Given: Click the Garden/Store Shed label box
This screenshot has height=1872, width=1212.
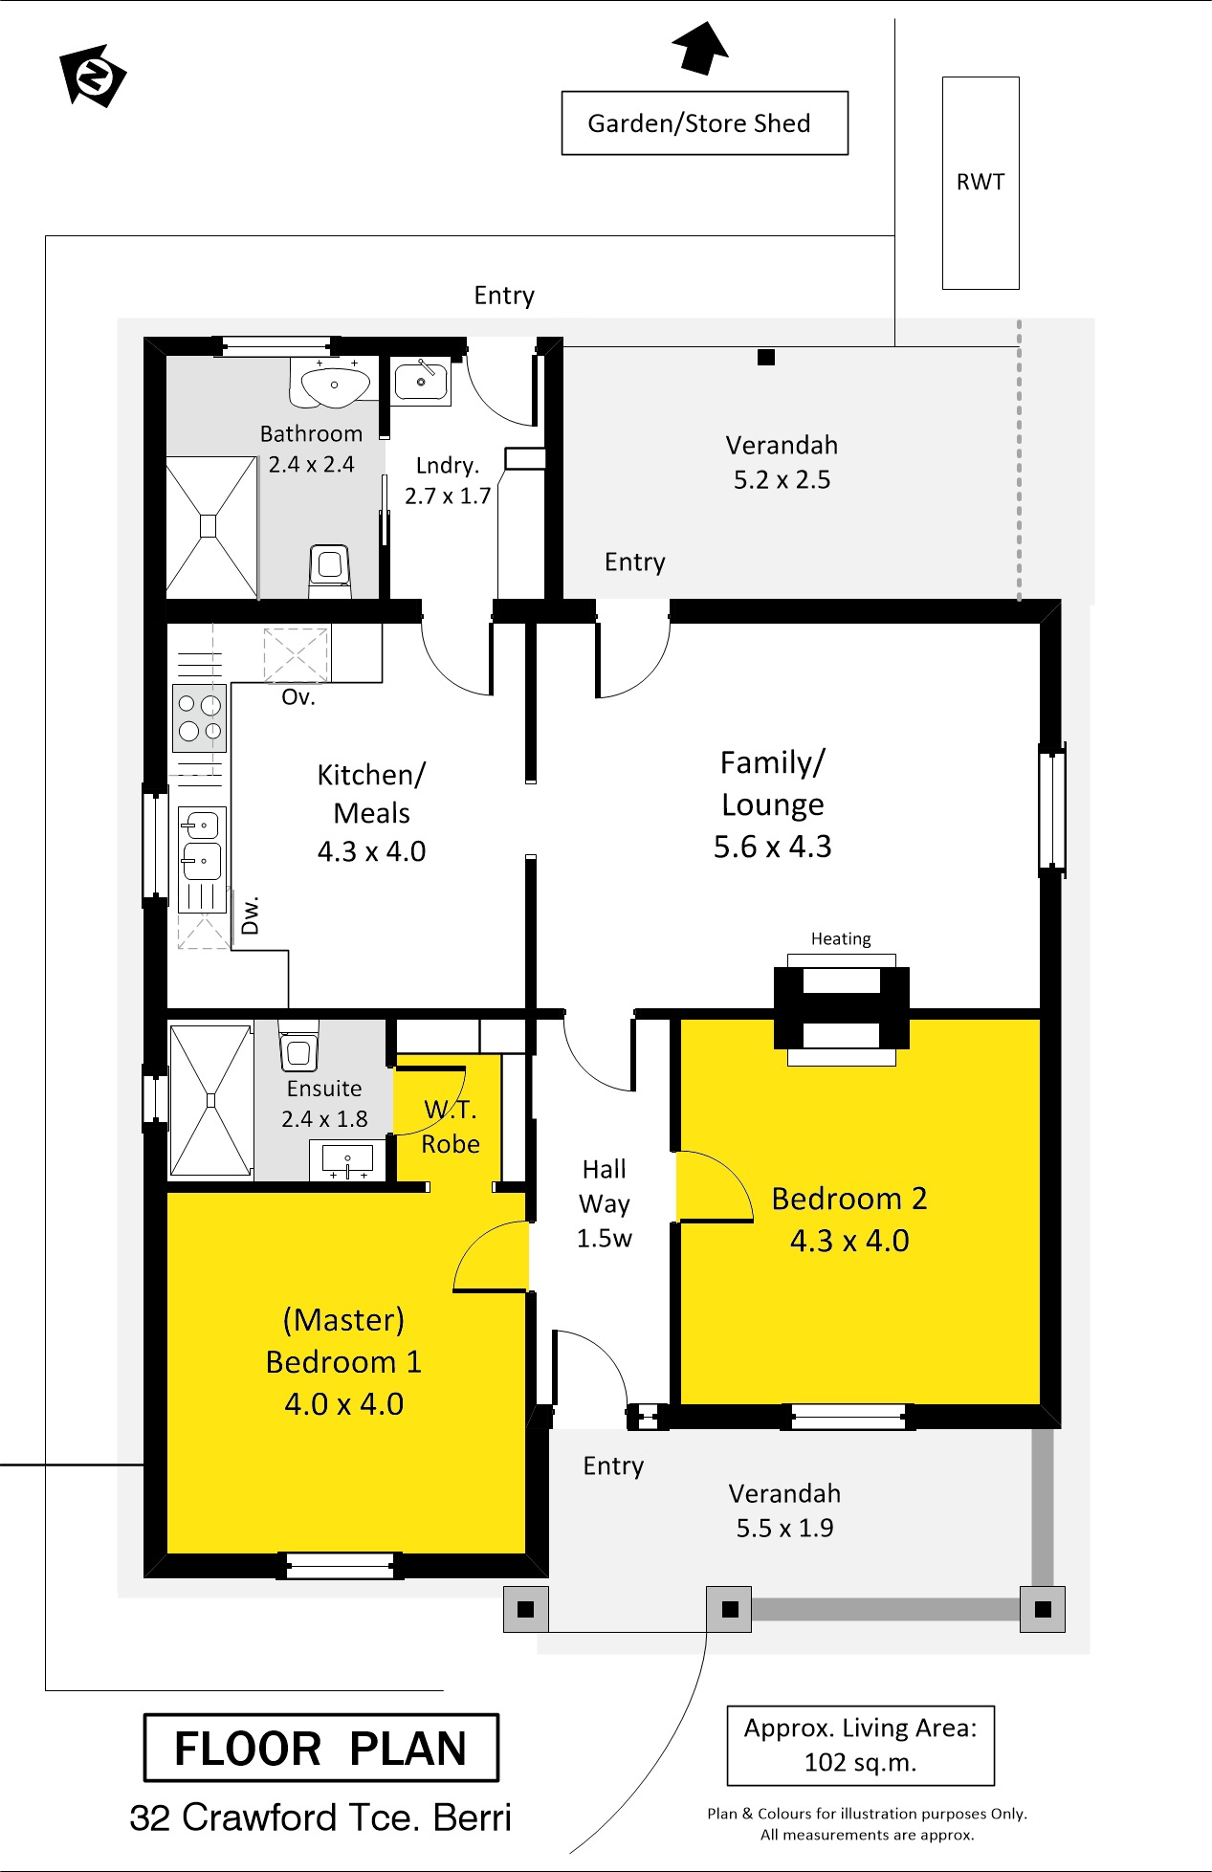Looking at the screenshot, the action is tap(704, 122).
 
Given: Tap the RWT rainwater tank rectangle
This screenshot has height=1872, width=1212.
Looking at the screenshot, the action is tap(981, 183).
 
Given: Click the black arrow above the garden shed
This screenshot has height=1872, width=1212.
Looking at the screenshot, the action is tap(701, 47).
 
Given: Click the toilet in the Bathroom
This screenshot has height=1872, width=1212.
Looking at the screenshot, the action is tap(330, 571).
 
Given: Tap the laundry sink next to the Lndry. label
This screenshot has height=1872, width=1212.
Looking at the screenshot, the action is tap(421, 381).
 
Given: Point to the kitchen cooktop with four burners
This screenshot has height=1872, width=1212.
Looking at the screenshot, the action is tap(200, 717).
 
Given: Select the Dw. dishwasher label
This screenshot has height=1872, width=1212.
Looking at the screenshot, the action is tap(250, 915).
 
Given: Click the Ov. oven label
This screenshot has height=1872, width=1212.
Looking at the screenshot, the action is tap(298, 697).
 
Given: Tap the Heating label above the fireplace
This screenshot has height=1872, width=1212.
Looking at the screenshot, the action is tap(841, 938).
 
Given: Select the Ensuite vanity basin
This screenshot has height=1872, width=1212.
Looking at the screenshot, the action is tap(348, 1158).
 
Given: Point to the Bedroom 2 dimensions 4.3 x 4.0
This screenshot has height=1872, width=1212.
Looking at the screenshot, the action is tap(849, 1241).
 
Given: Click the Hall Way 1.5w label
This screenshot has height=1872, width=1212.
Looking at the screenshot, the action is tap(605, 1203).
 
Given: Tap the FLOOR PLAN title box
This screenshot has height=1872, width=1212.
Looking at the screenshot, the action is tap(320, 1748).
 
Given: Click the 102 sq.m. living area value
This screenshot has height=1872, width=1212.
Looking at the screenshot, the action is tap(861, 1762).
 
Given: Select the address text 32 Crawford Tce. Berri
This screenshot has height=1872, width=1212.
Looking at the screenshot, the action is tap(320, 1817).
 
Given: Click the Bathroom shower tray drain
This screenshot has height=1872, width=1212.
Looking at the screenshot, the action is tap(209, 526).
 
